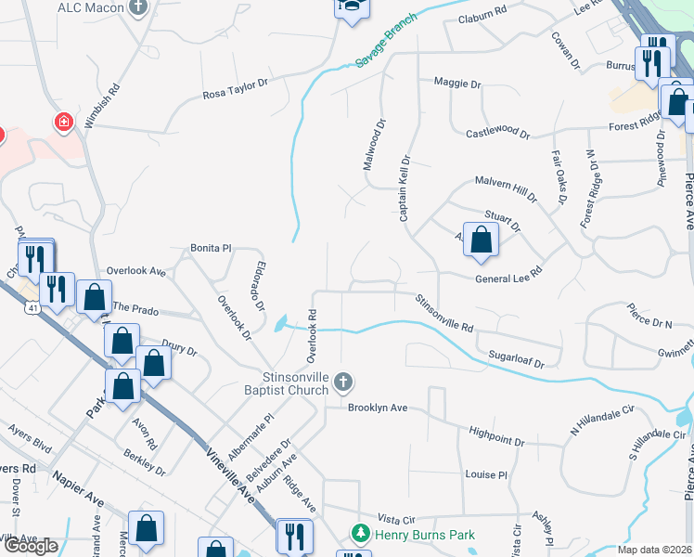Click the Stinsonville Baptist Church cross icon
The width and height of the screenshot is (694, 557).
click(342, 381)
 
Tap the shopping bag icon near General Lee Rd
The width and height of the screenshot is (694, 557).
click(481, 240)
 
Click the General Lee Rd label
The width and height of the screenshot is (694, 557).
click(508, 279)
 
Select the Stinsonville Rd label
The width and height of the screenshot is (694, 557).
click(443, 314)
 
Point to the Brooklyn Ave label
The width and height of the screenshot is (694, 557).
click(379, 408)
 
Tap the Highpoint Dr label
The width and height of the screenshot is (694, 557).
click(497, 432)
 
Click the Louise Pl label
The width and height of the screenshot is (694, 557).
click(486, 474)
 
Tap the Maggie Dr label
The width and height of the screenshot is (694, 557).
click(457, 84)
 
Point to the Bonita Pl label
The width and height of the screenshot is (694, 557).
click(211, 249)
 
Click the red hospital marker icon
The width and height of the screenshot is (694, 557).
click(63, 122)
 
